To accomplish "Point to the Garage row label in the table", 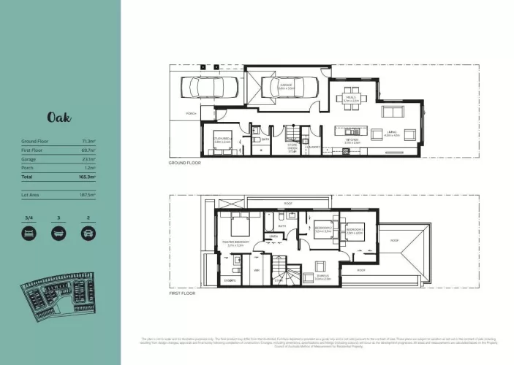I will [x=30, y=158].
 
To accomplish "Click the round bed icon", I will [x=29, y=233].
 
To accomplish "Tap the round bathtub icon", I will [x=58, y=233].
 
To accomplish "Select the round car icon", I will [x=88, y=233].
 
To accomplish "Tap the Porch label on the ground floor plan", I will [x=191, y=114].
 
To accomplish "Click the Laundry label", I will [x=314, y=147].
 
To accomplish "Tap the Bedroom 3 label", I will [x=355, y=231].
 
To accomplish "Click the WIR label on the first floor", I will [x=257, y=270].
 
